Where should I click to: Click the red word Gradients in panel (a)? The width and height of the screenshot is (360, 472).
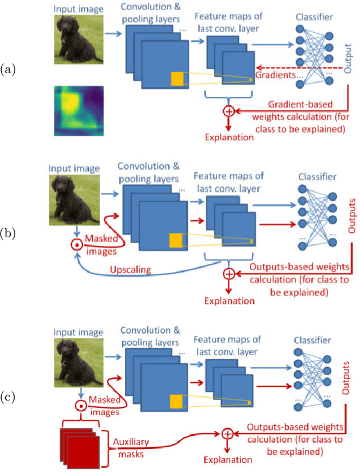(276, 75)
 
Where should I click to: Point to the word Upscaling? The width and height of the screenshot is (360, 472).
(130, 270)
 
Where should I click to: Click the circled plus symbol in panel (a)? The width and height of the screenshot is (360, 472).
(229, 111)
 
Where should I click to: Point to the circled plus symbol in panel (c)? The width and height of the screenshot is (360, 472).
(227, 434)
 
